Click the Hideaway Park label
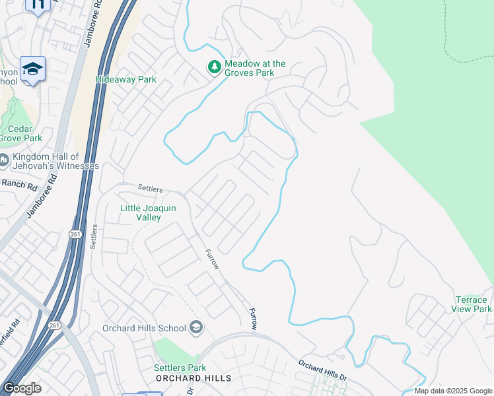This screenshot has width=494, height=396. click(125, 79)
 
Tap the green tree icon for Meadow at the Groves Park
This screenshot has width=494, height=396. click(214, 67)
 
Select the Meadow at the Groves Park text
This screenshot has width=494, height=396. click(255, 69)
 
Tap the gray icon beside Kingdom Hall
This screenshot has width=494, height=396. click(4, 160)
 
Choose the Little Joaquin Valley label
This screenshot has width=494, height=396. click(148, 213)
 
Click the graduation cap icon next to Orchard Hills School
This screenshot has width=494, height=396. click(195, 327)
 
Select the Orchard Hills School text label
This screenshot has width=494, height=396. click(144, 328)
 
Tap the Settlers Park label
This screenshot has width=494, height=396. click(180, 368)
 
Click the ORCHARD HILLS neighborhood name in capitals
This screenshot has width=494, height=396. click(194, 378)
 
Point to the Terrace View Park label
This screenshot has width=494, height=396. click(473, 304)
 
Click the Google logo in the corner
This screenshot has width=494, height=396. click(22, 388)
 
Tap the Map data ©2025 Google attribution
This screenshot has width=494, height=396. click(453, 391)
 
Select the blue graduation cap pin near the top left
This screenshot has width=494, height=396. click(32, 69)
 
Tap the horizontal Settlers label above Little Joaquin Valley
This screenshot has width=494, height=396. click(150, 189)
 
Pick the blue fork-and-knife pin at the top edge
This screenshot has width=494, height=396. click(38, 5)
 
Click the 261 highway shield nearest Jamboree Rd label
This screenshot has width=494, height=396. click(74, 234)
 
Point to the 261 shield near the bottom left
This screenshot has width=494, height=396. click(54, 325)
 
